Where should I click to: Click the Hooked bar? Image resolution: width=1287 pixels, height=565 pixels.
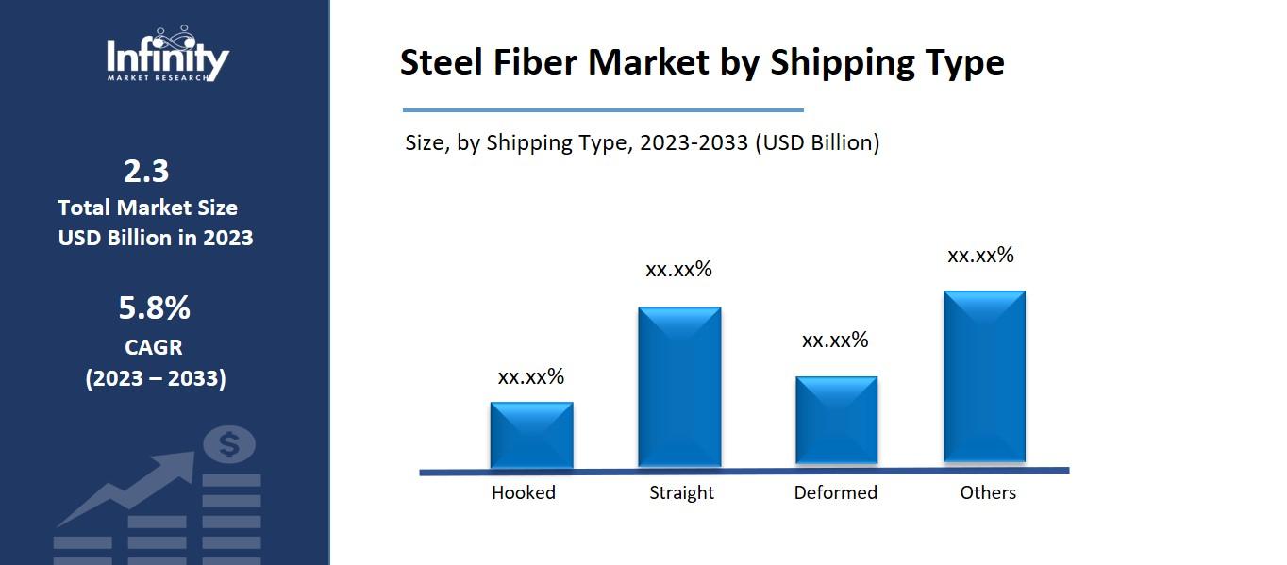(531, 434)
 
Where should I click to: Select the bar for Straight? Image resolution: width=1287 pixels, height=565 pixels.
(679, 386)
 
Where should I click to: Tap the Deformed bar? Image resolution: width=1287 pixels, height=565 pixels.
(836, 420)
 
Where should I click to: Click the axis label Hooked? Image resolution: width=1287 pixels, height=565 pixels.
(524, 492)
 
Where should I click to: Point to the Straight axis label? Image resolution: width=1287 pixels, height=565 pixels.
(681, 492)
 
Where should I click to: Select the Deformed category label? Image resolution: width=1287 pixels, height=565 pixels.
(835, 492)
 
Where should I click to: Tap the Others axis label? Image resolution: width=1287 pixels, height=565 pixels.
(988, 492)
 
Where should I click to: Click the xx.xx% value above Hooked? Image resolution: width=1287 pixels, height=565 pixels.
(531, 377)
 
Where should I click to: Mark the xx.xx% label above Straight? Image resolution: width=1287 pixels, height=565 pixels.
(678, 270)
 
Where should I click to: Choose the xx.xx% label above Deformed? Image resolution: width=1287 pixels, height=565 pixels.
(835, 341)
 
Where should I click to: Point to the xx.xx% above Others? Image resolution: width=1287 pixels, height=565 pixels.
(980, 256)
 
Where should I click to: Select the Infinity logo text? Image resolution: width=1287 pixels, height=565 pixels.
(167, 58)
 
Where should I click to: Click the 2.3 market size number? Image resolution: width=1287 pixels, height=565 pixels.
(146, 171)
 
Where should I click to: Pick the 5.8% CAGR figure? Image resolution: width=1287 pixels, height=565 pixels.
(154, 307)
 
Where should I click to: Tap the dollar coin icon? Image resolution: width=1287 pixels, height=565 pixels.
(229, 442)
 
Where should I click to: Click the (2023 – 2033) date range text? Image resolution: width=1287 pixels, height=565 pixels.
(156, 379)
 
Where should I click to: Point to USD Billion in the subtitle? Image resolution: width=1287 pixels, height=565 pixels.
(819, 143)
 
